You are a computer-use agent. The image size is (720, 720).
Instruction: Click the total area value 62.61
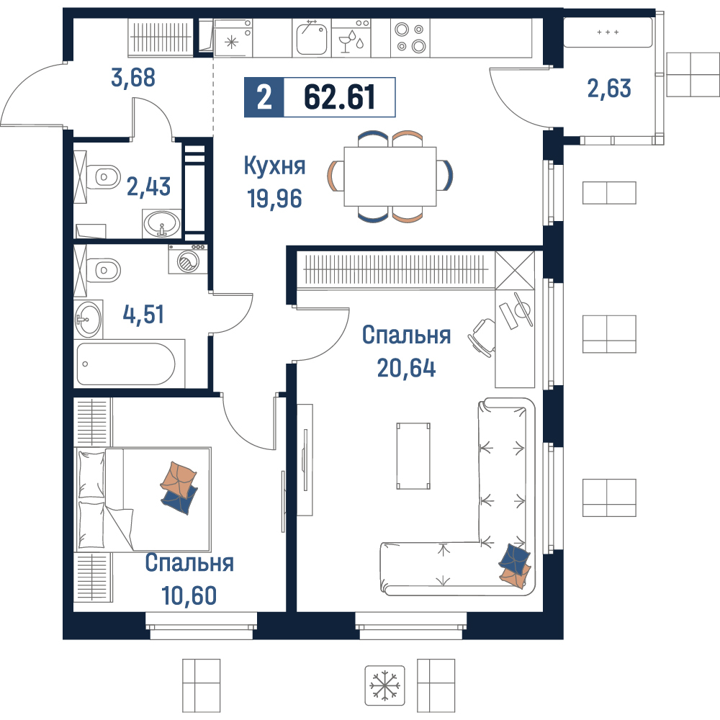coord(339,97)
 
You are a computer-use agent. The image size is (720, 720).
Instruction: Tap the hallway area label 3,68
coord(133,78)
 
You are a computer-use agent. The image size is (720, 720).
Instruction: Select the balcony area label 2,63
coord(609,88)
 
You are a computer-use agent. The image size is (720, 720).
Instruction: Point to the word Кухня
coord(274,166)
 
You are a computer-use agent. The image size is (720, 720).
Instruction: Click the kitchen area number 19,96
coord(274,199)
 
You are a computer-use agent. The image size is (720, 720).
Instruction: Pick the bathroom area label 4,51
coord(143,315)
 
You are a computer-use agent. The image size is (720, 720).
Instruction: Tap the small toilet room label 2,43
coord(148,187)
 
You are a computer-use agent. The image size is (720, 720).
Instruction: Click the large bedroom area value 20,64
coord(406,368)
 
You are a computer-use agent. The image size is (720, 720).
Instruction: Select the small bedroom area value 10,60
coord(189,595)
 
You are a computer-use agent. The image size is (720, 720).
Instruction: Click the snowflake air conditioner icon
coord(384,685)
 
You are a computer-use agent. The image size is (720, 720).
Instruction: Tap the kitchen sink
coord(312,39)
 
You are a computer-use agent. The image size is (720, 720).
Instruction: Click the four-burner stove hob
coord(410,38)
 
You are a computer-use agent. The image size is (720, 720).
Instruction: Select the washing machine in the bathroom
coord(187,260)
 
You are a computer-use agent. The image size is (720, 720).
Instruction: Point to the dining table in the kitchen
coord(390,176)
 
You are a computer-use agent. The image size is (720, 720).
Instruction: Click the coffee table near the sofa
coord(414,456)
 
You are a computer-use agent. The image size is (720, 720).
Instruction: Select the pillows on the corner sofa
coord(514,565)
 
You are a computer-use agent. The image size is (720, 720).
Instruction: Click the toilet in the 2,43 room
coord(103,176)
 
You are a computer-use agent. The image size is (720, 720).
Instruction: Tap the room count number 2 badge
coord(264,97)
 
